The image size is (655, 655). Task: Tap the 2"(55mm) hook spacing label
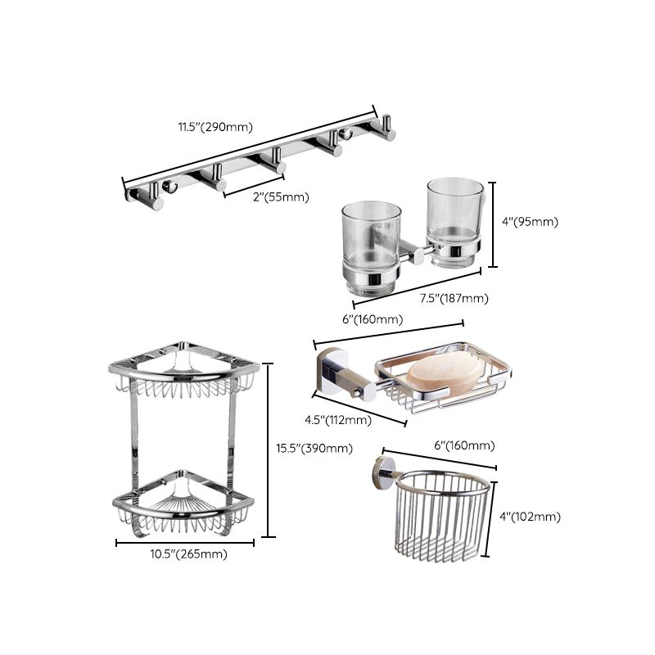[268, 196]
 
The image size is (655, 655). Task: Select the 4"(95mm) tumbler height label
[531, 222]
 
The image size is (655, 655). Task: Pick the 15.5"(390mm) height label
[314, 448]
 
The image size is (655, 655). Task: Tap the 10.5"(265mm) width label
[185, 554]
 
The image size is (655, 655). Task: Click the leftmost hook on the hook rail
[152, 194]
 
